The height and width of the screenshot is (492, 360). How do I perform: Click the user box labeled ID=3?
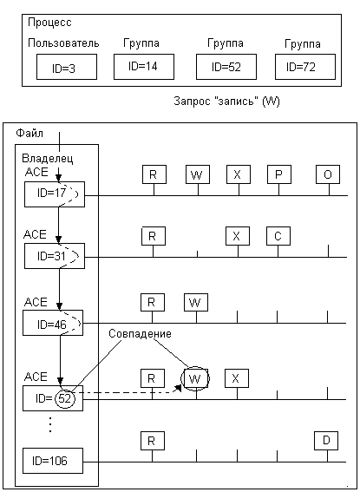pyautogui.click(x=67, y=67)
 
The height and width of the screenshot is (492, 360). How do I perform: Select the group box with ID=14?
pyautogui.click(x=144, y=67)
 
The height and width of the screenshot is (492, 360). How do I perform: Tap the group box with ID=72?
pyautogui.click(x=305, y=67)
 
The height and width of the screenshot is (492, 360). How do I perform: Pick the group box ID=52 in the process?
pyautogui.click(x=226, y=67)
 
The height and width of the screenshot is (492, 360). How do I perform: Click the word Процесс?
pyautogui.click(x=49, y=23)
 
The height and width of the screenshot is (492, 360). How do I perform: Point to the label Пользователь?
pyautogui.click(x=63, y=43)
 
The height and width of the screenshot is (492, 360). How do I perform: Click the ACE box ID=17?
pyautogui.click(x=55, y=194)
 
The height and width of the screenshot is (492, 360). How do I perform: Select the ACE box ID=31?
pyautogui.click(x=55, y=256)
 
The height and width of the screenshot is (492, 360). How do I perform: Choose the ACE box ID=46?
pyautogui.click(x=53, y=323)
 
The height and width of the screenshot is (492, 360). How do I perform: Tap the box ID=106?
pyautogui.click(x=53, y=461)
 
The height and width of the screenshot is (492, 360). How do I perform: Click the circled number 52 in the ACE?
pyautogui.click(x=65, y=399)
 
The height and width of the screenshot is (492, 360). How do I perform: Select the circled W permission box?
pyautogui.click(x=195, y=378)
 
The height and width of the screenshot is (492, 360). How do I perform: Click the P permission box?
pyautogui.click(x=279, y=174)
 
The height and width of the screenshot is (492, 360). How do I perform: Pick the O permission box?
pyautogui.click(x=328, y=174)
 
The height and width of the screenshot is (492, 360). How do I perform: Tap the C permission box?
pyautogui.click(x=278, y=236)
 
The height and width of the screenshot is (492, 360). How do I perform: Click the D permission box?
pyautogui.click(x=326, y=441)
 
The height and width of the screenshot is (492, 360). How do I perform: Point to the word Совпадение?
pyautogui.click(x=140, y=333)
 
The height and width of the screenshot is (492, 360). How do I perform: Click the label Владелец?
pyautogui.click(x=48, y=159)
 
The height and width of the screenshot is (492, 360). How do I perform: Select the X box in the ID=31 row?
pyautogui.click(x=238, y=236)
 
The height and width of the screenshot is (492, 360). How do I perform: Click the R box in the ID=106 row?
pyautogui.click(x=152, y=441)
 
